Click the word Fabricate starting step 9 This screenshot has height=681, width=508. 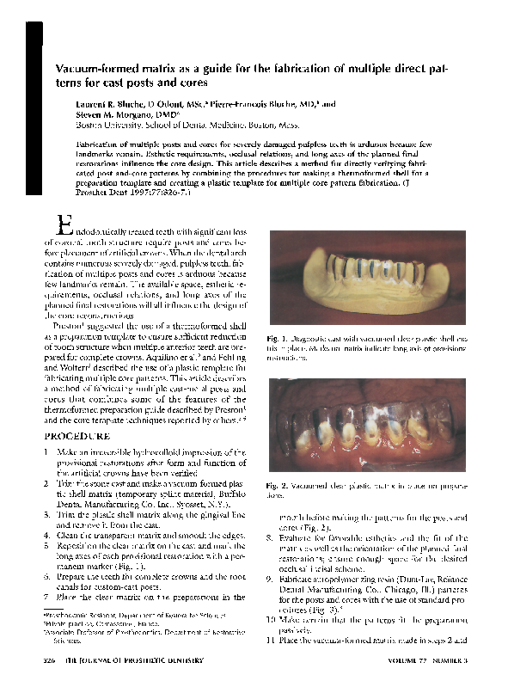(x=297, y=580)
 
